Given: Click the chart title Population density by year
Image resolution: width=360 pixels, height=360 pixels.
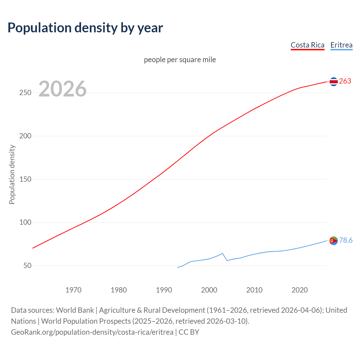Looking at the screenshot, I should (x=85, y=28).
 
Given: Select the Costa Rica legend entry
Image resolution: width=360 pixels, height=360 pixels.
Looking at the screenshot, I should (x=307, y=45).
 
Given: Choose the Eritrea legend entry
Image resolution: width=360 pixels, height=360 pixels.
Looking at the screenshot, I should (x=341, y=45).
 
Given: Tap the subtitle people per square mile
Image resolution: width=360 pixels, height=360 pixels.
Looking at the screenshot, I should (x=180, y=60).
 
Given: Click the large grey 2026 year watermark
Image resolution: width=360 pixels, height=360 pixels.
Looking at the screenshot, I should (x=62, y=89).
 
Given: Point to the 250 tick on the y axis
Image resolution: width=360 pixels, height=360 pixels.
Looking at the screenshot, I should (x=25, y=93).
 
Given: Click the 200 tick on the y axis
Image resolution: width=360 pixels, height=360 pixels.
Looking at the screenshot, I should (x=25, y=136).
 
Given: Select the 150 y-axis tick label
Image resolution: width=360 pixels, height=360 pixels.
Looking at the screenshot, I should (x=25, y=179).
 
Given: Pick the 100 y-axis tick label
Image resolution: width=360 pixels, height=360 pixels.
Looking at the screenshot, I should (x=25, y=222).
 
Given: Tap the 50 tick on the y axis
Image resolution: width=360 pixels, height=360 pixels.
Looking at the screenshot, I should (x=27, y=265).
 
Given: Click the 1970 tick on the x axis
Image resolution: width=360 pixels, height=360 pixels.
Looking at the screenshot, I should (x=73, y=290).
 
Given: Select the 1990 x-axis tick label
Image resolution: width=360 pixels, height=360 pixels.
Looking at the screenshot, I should (x=164, y=290).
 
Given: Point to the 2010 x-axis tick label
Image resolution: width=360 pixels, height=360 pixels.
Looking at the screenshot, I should (x=254, y=290).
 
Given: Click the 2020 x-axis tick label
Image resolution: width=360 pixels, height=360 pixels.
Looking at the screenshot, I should (x=300, y=290).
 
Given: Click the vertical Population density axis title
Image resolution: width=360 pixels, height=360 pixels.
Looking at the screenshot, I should (x=12, y=174).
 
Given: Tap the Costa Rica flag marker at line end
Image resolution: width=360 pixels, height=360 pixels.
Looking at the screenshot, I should (x=334, y=82).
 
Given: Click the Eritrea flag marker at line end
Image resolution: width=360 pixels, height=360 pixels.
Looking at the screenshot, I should (x=334, y=241).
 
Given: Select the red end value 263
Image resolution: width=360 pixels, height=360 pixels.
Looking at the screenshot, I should (x=345, y=81).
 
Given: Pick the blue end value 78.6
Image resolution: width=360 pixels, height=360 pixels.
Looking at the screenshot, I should (x=346, y=240).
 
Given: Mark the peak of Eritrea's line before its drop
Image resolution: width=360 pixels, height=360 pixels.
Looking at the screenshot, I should (x=222, y=253).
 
